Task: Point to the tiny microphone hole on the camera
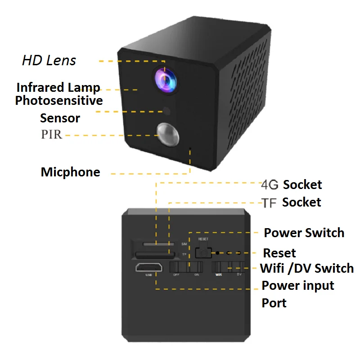pyautogui.click(x=190, y=148)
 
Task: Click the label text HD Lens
pyautogui.click(x=49, y=61)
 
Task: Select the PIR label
pyautogui.click(x=51, y=134)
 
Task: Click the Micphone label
pyautogui.click(x=71, y=172)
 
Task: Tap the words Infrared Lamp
pyautogui.click(x=58, y=87)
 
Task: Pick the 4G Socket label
pyautogui.click(x=292, y=184)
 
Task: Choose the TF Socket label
pyautogui.click(x=292, y=202)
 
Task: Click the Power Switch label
pyautogui.click(x=304, y=233)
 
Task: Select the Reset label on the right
pyautogui.click(x=279, y=252)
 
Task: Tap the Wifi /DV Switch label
pyautogui.click(x=307, y=269)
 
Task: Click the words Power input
pyautogui.click(x=298, y=285)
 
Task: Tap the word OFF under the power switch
pyautogui.click(x=177, y=274)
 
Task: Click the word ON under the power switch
pyautogui.click(x=197, y=274)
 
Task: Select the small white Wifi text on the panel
pyautogui.click(x=219, y=274)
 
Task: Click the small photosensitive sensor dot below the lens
pyautogui.click(x=167, y=110)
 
